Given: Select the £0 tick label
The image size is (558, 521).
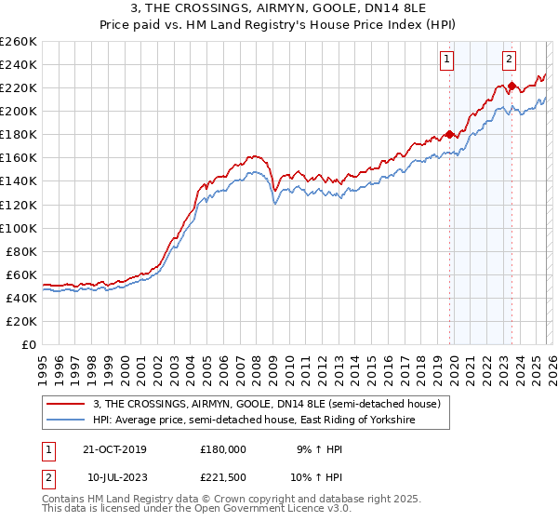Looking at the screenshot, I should point(29,344).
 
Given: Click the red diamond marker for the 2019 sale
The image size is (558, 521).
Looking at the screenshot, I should point(449,134).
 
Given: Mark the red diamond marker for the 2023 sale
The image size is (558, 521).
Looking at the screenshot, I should point(511,86).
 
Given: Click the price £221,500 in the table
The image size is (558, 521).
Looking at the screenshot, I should point(223,476).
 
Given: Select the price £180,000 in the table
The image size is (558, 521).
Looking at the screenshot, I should point(223,448).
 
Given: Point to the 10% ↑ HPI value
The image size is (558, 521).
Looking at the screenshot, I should point(322,476).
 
